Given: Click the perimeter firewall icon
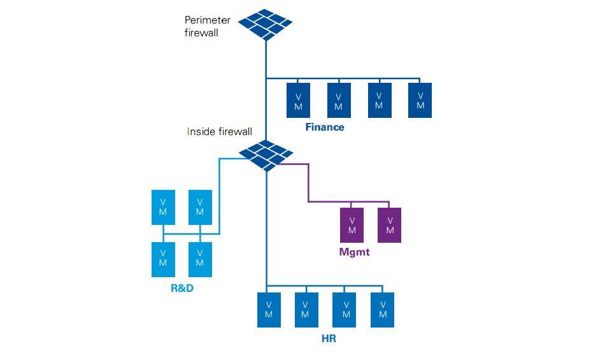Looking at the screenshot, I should click(x=265, y=24).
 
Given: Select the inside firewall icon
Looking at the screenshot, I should click(x=266, y=155).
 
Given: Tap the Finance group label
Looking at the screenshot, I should click(x=324, y=127).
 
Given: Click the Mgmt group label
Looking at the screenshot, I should click(x=354, y=252).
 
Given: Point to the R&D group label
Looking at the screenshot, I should click(x=181, y=288).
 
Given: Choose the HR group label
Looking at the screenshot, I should click(x=328, y=339).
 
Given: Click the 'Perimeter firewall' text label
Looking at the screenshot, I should click(x=207, y=27).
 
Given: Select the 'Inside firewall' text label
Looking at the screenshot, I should click(x=219, y=132).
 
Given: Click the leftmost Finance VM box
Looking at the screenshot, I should click(x=298, y=101).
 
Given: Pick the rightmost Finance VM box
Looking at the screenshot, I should click(x=420, y=100).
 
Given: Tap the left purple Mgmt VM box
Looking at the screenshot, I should click(x=352, y=225).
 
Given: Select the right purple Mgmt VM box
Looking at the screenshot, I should click(x=390, y=225).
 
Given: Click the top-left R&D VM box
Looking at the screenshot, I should click(x=163, y=207).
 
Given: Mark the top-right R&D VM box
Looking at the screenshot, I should click(x=200, y=207).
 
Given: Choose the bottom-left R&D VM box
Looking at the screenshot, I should click(x=163, y=259).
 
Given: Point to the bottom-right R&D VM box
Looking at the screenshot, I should click(x=200, y=259).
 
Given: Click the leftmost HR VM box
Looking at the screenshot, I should click(x=269, y=310).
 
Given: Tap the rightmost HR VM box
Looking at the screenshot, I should click(x=383, y=310).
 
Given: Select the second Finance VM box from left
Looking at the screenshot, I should click(x=339, y=101).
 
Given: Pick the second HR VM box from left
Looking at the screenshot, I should click(x=306, y=310).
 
